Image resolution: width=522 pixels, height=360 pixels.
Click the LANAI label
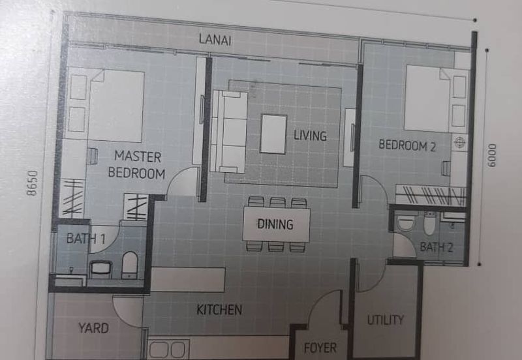pyautogui.click(x=215, y=40)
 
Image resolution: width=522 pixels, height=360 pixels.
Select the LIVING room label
pyautogui.click(x=309, y=136)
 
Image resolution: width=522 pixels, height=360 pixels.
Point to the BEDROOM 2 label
pyautogui.click(x=407, y=146)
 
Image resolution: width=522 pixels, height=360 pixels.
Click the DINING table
pyautogui.click(x=277, y=224)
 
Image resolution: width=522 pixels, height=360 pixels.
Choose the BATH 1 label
pyautogui.click(x=85, y=239)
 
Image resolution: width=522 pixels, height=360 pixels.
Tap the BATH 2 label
pyautogui.click(x=436, y=247)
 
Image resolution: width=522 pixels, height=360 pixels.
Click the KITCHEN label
pyautogui.click(x=219, y=310)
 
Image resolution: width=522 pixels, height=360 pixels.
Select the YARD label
pyautogui.click(x=93, y=327)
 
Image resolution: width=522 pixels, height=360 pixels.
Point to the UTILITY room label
pyautogui.click(x=385, y=320)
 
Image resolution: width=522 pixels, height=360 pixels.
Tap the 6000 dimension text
pyautogui.click(x=492, y=155)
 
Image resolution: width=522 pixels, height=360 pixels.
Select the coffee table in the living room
pyautogui.click(x=273, y=134)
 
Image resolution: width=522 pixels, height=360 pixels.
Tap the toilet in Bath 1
pyautogui.click(x=129, y=264)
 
